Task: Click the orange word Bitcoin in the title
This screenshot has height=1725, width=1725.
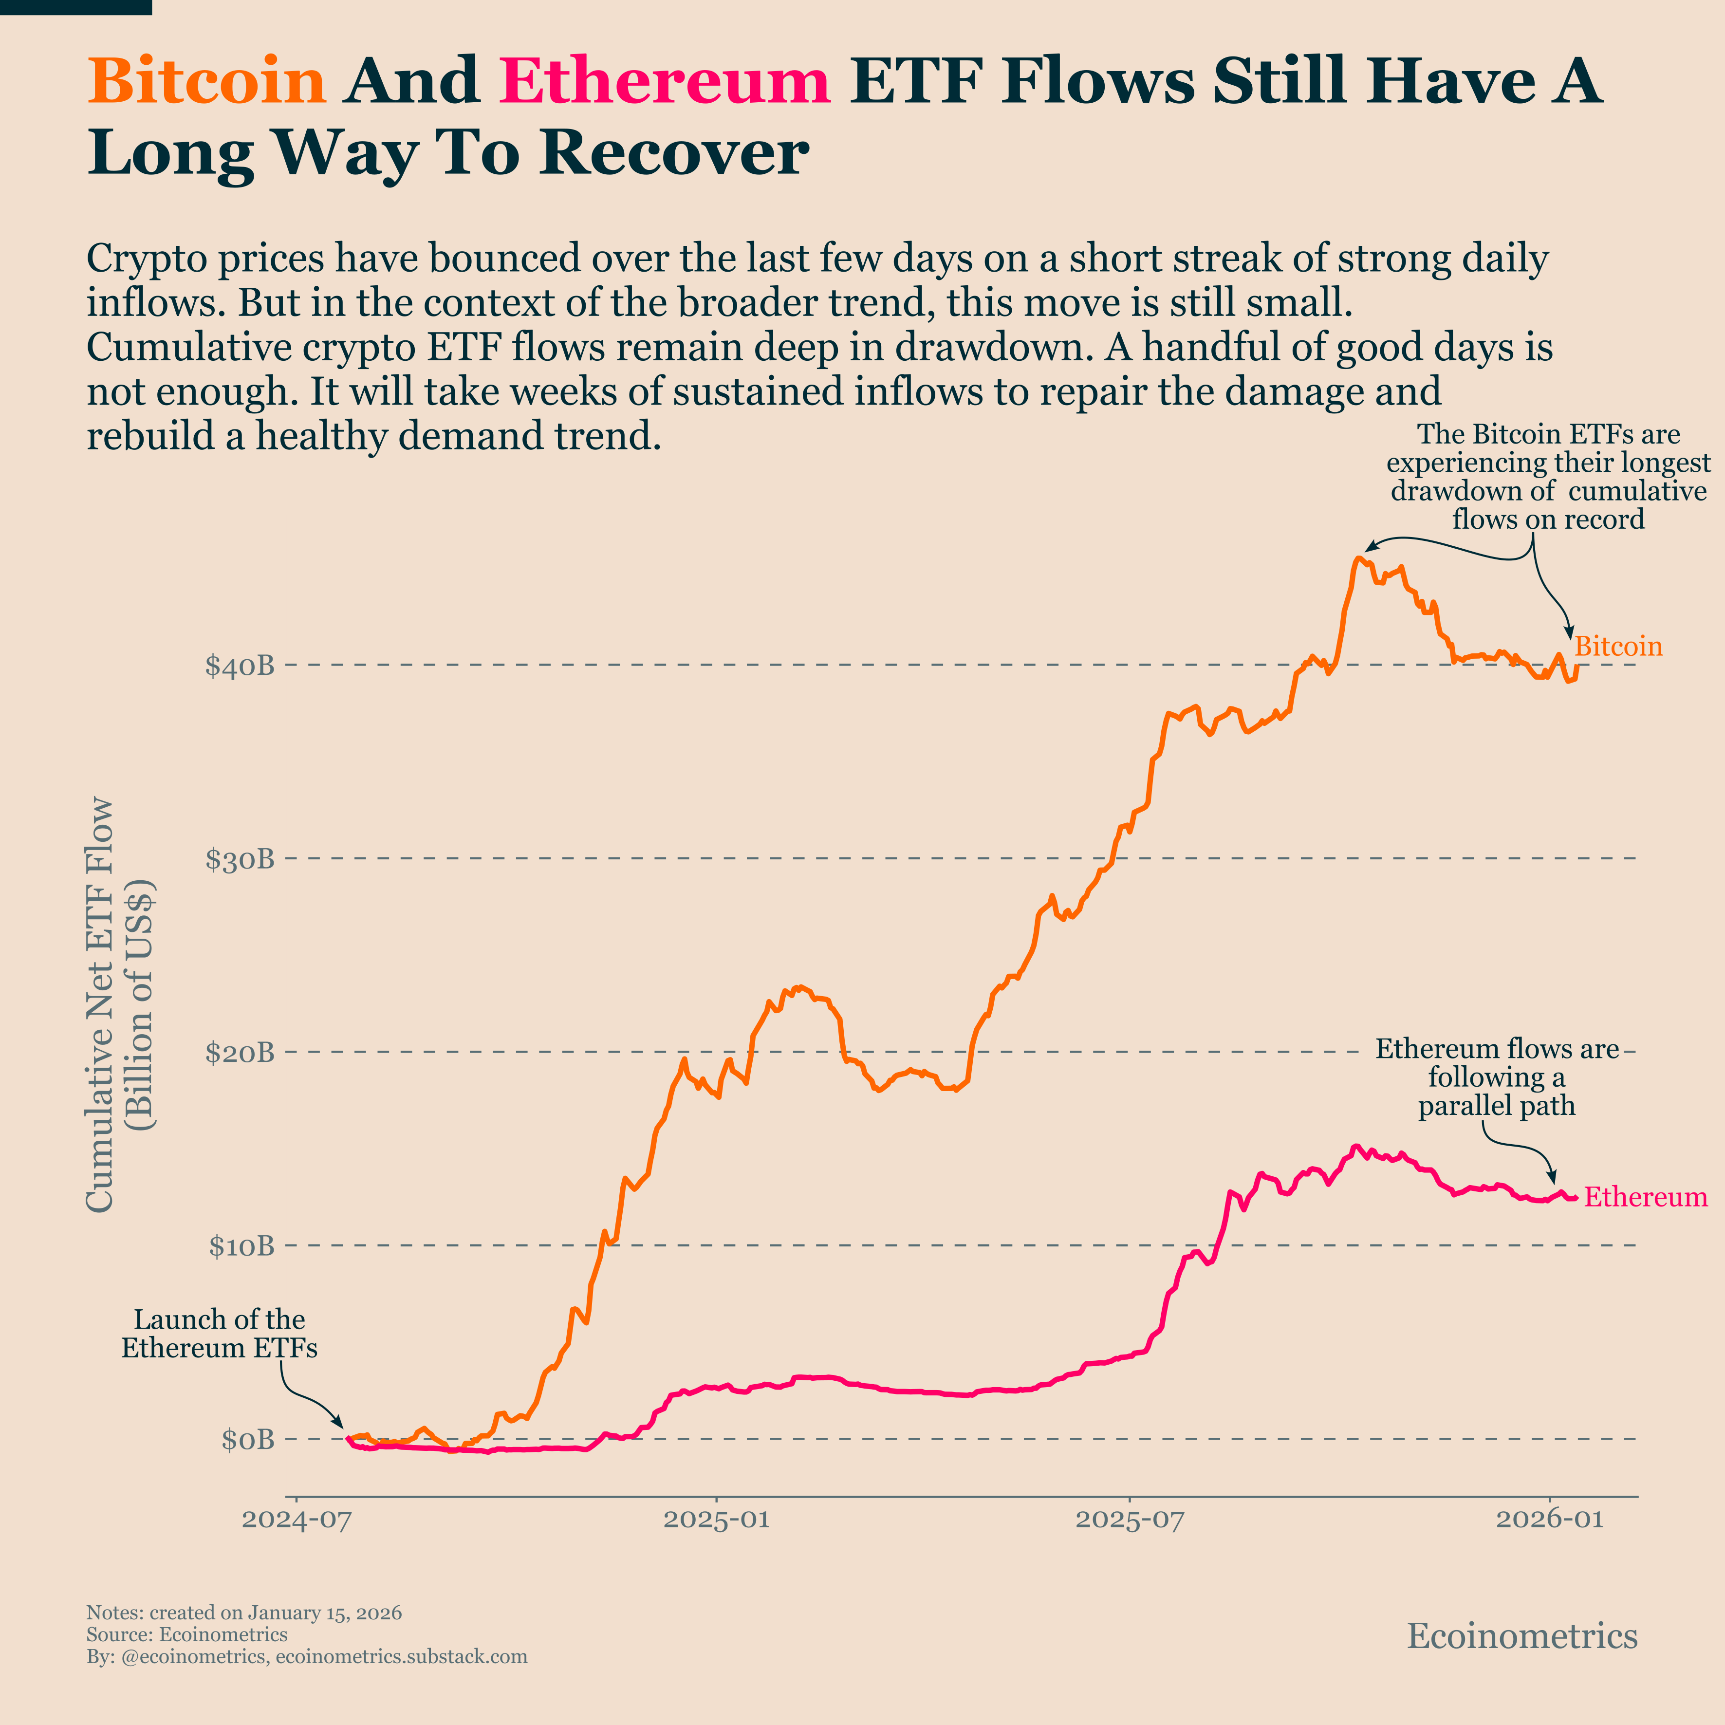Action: [206, 80]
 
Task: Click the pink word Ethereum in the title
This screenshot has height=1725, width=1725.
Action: [665, 80]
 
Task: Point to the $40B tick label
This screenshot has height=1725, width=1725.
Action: [239, 666]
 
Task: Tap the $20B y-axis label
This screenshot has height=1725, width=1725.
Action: [239, 1053]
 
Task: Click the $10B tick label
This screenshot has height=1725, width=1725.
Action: [241, 1246]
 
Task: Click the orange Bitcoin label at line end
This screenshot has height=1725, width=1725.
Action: [1618, 647]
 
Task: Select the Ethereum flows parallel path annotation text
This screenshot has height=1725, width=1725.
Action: [1497, 1077]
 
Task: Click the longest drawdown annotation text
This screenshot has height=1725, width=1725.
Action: [1548, 477]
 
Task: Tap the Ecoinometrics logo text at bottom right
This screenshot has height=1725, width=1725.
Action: [1522, 1636]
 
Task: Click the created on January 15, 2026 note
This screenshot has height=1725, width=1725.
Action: [244, 1613]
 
